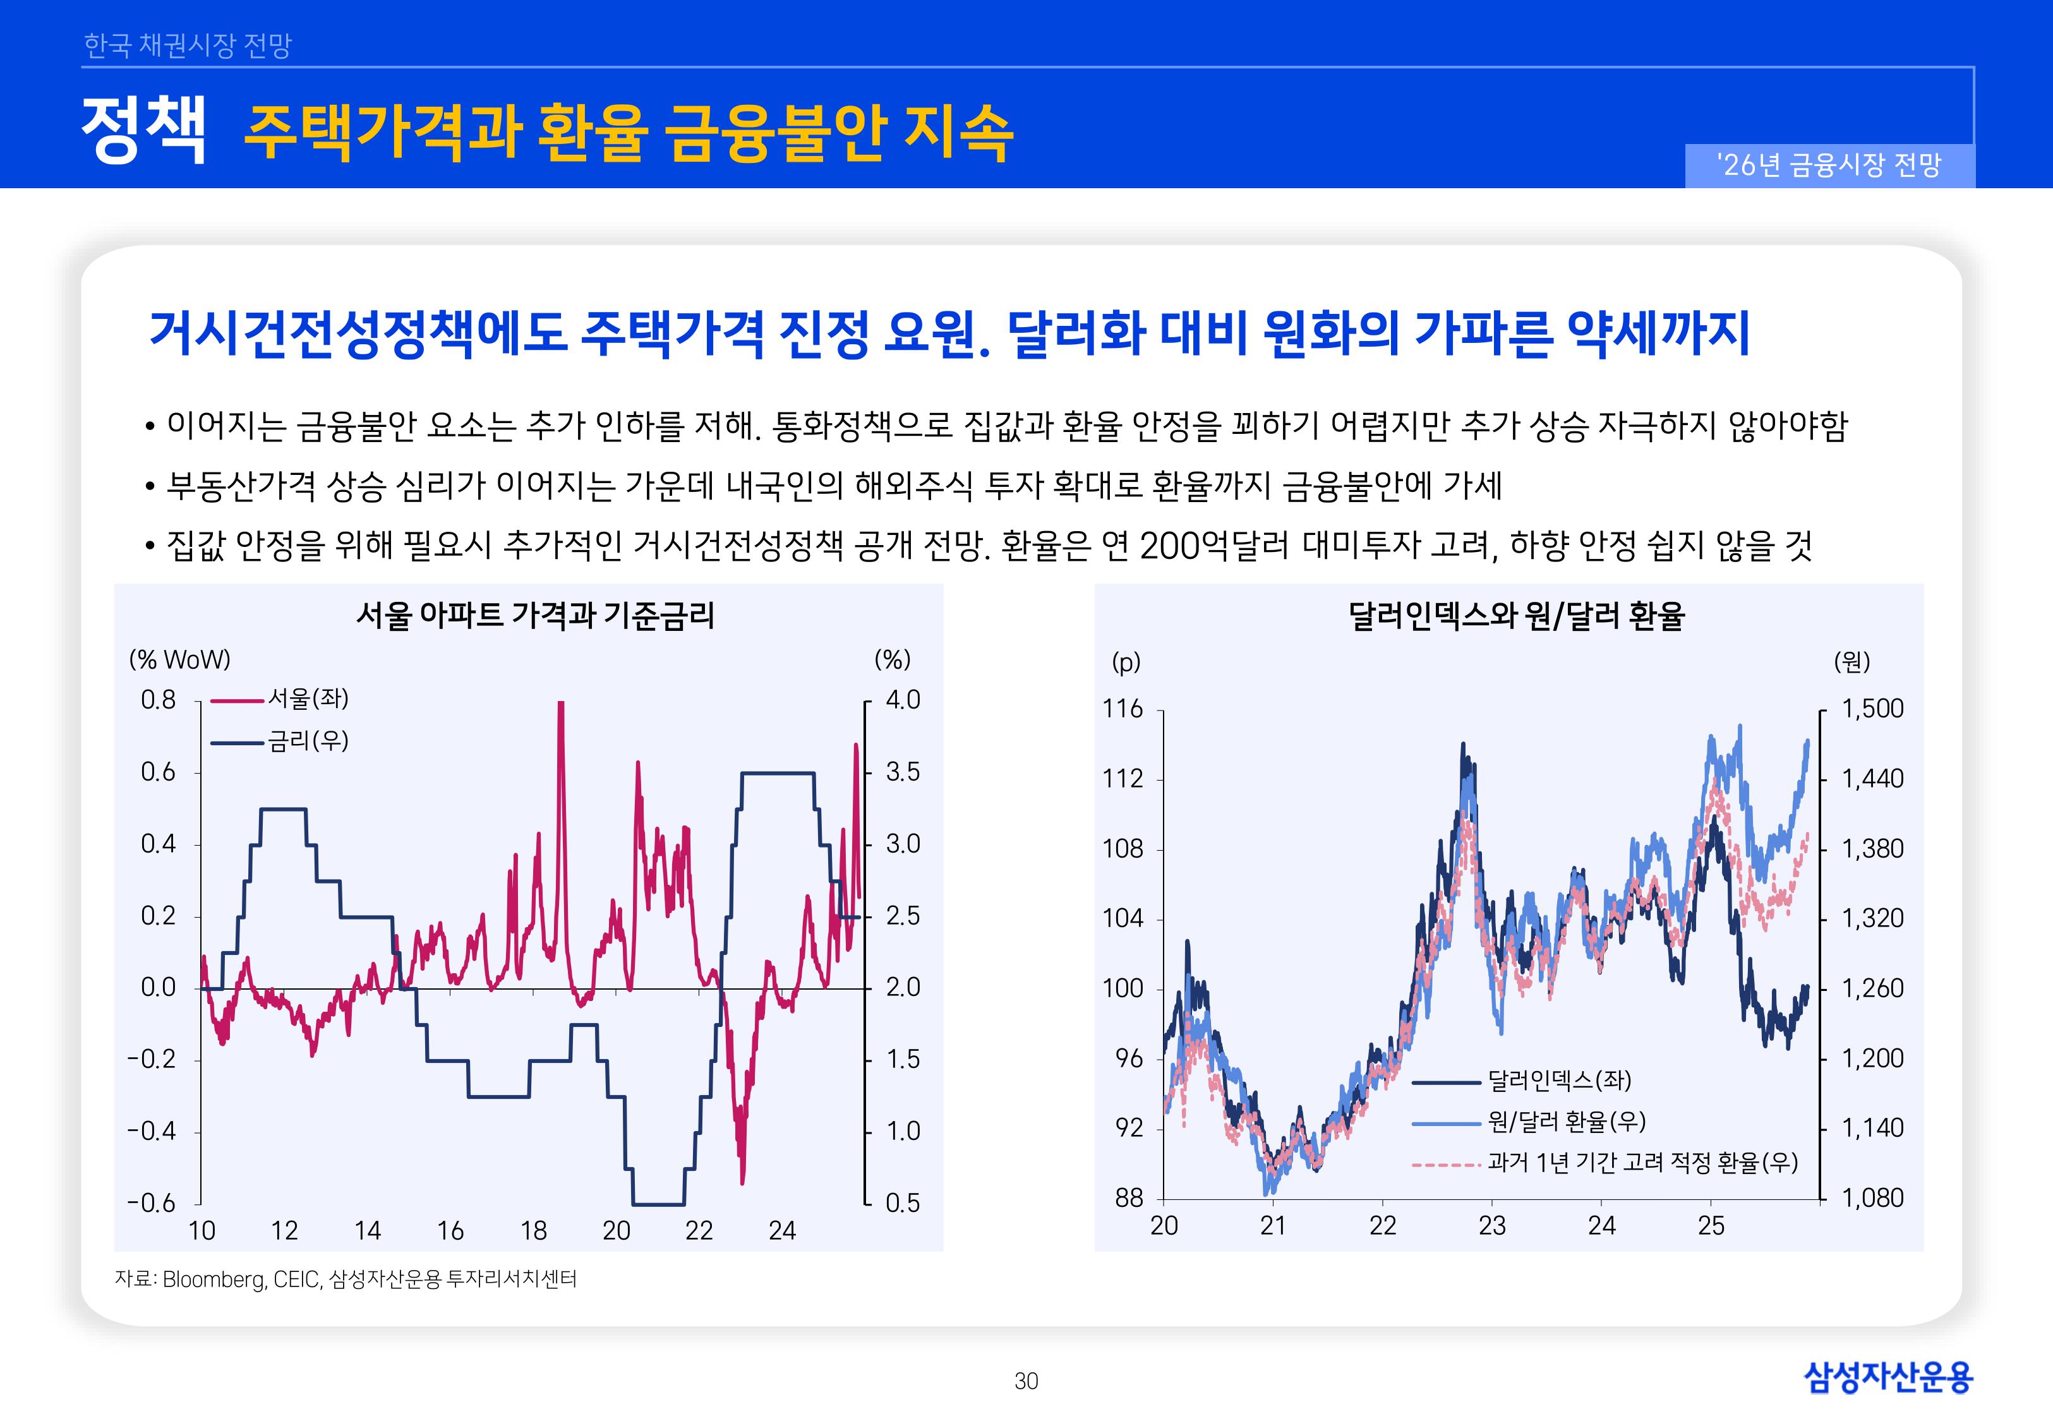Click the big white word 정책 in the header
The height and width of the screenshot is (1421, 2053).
click(x=143, y=130)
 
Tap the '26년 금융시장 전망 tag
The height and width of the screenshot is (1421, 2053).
click(x=1829, y=165)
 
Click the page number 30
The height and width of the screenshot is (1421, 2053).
click(x=1026, y=1381)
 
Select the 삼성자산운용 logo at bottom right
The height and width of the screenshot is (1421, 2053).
click(x=1888, y=1377)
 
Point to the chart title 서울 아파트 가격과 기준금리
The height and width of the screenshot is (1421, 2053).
click(x=535, y=615)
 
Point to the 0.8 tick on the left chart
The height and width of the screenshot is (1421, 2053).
click(x=159, y=700)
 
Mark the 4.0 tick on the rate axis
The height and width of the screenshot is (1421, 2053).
click(x=903, y=700)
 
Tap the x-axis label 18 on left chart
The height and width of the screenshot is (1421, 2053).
click(x=533, y=1230)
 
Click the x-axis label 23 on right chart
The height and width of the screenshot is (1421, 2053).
click(x=1491, y=1226)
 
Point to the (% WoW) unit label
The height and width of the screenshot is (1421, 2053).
click(x=180, y=660)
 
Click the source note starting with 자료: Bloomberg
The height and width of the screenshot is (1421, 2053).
click(x=346, y=1280)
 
